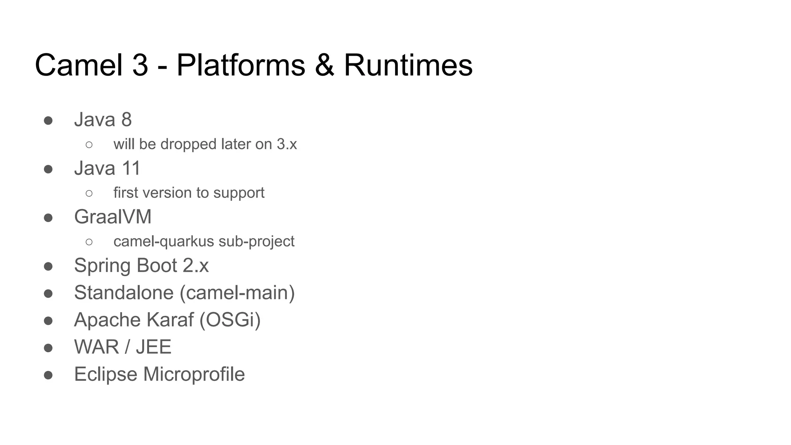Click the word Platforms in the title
pyautogui.click(x=241, y=65)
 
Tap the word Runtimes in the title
pyautogui.click(x=408, y=65)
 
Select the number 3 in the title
pyautogui.click(x=140, y=65)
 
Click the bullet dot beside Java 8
pyautogui.click(x=48, y=120)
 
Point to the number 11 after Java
pyautogui.click(x=131, y=168)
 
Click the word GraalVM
pyautogui.click(x=113, y=217)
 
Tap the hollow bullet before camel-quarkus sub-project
pyautogui.click(x=89, y=242)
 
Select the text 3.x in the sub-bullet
pyautogui.click(x=287, y=144)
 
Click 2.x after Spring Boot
pyautogui.click(x=195, y=266)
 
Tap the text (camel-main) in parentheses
pyautogui.click(x=237, y=293)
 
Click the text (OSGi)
pyautogui.click(x=230, y=320)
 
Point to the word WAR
pyautogui.click(x=97, y=347)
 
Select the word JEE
pyautogui.click(x=153, y=347)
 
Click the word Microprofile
pyautogui.click(x=194, y=374)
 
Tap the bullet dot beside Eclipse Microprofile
pyautogui.click(x=48, y=375)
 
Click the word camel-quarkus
pyautogui.click(x=163, y=242)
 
